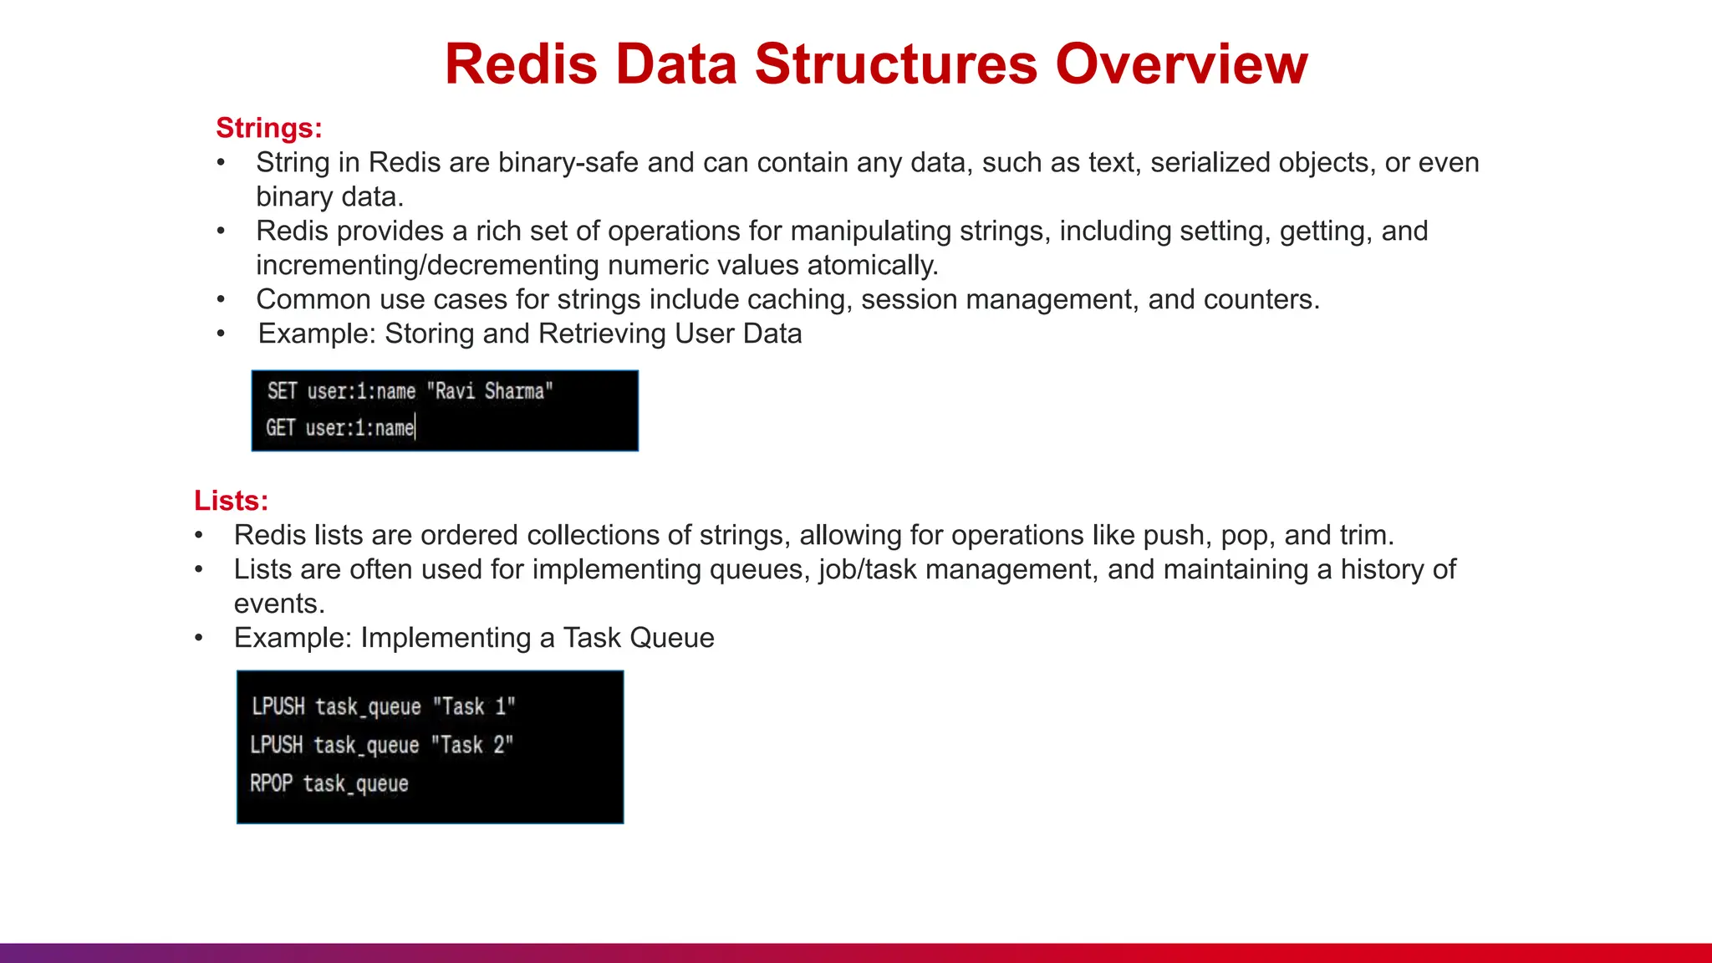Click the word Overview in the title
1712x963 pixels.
(1181, 64)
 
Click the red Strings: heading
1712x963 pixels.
(268, 128)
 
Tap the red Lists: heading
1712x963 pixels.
(231, 501)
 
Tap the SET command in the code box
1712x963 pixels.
(282, 391)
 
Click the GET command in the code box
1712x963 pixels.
(280, 428)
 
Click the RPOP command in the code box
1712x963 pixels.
(271, 783)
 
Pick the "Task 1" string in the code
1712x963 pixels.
(473, 706)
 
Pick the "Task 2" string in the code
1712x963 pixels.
(471, 745)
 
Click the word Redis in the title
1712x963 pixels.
(521, 64)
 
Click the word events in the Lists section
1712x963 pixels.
(278, 604)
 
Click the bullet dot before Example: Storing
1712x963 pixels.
(221, 334)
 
